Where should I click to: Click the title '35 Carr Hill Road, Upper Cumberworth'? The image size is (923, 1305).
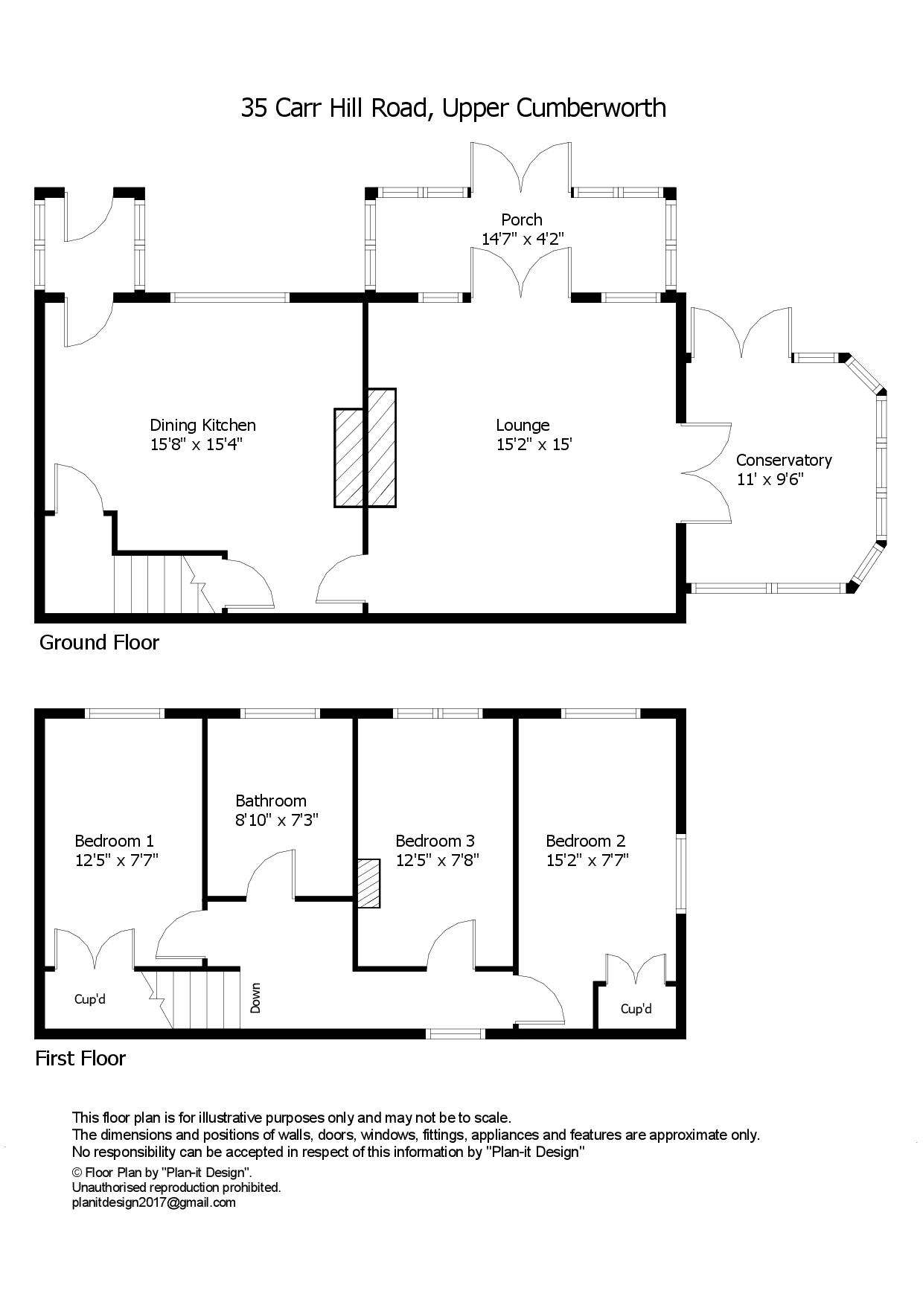point(453,109)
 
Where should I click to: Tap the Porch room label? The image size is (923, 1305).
point(521,219)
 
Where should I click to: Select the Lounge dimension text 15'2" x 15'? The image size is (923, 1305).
point(534,445)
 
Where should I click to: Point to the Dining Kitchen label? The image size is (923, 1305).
point(202,425)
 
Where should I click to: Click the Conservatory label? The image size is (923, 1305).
point(783,460)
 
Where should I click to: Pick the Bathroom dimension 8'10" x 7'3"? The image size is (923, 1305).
point(277,820)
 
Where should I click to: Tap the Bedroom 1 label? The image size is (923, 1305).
point(114,841)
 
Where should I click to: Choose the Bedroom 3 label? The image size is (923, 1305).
point(435,841)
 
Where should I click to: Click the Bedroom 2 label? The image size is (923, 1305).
point(585,841)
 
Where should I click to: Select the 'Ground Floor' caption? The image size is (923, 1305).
point(99,642)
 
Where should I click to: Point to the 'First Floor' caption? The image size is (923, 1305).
point(80,1058)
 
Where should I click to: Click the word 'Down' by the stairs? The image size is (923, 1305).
point(255,998)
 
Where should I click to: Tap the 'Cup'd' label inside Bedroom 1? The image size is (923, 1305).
point(89,999)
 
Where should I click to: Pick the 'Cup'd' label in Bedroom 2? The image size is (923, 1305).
point(636,1009)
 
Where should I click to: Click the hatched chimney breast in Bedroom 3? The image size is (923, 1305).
point(368,883)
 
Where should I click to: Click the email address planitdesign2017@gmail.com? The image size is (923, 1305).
point(153,1202)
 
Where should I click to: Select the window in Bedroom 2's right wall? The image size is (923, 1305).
point(680,873)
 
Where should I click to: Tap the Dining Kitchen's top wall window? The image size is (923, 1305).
point(230,298)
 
